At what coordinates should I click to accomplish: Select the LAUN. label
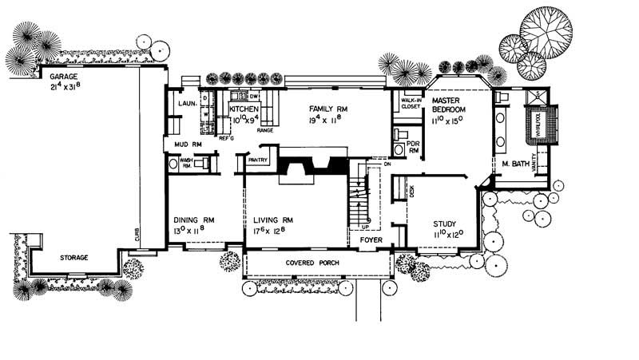[x=187, y=104]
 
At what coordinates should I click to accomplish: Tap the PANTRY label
[x=257, y=160]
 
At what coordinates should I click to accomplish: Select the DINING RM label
[x=192, y=220]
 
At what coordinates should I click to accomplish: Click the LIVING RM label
[x=273, y=220]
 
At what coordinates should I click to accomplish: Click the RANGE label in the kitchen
[x=264, y=129]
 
